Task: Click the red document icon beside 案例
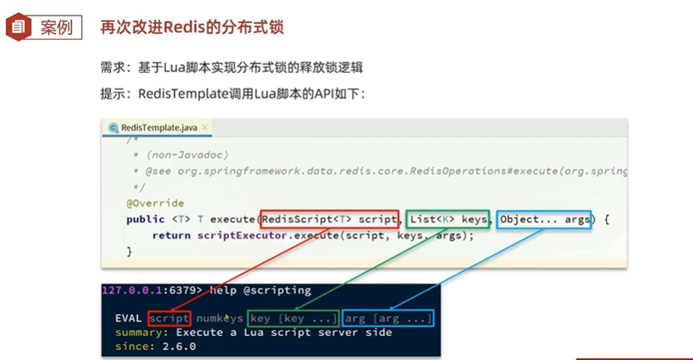pos(18,27)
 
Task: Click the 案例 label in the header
pos(56,27)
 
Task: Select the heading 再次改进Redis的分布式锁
pos(192,27)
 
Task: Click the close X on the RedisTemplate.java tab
pos(205,127)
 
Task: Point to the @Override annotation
pos(155,203)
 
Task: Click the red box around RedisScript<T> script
pos(329,219)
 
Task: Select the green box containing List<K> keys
pos(448,219)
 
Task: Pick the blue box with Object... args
pos(544,219)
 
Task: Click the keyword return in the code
pos(172,236)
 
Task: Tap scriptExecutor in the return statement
pos(236,236)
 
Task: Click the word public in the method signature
pos(145,219)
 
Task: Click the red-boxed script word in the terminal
pos(169,319)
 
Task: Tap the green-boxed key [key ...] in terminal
pos(293,319)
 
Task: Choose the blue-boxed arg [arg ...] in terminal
pos(388,319)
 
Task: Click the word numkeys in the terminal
pos(220,319)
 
